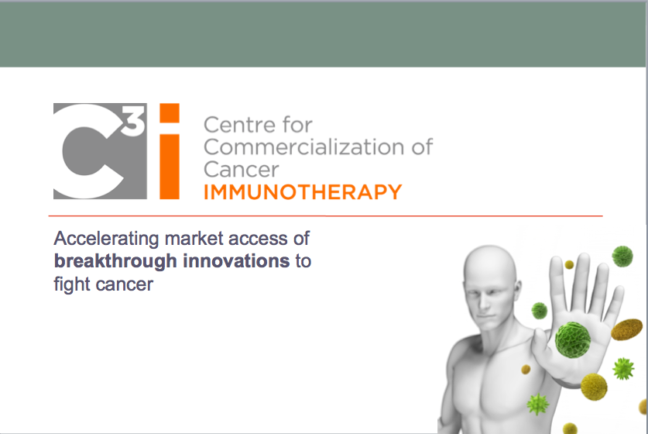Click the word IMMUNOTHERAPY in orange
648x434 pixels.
(303, 192)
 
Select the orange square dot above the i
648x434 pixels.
(170, 113)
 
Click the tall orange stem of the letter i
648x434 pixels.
(170, 167)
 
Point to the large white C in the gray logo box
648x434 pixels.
(89, 151)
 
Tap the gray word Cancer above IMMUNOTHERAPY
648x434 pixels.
(242, 170)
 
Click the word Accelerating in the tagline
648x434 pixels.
(107, 239)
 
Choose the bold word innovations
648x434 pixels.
(236, 261)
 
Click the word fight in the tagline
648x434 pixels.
(72, 285)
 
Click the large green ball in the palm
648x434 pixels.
(572, 340)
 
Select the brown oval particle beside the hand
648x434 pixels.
(627, 329)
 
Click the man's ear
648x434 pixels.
(516, 290)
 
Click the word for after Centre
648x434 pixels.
(297, 124)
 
